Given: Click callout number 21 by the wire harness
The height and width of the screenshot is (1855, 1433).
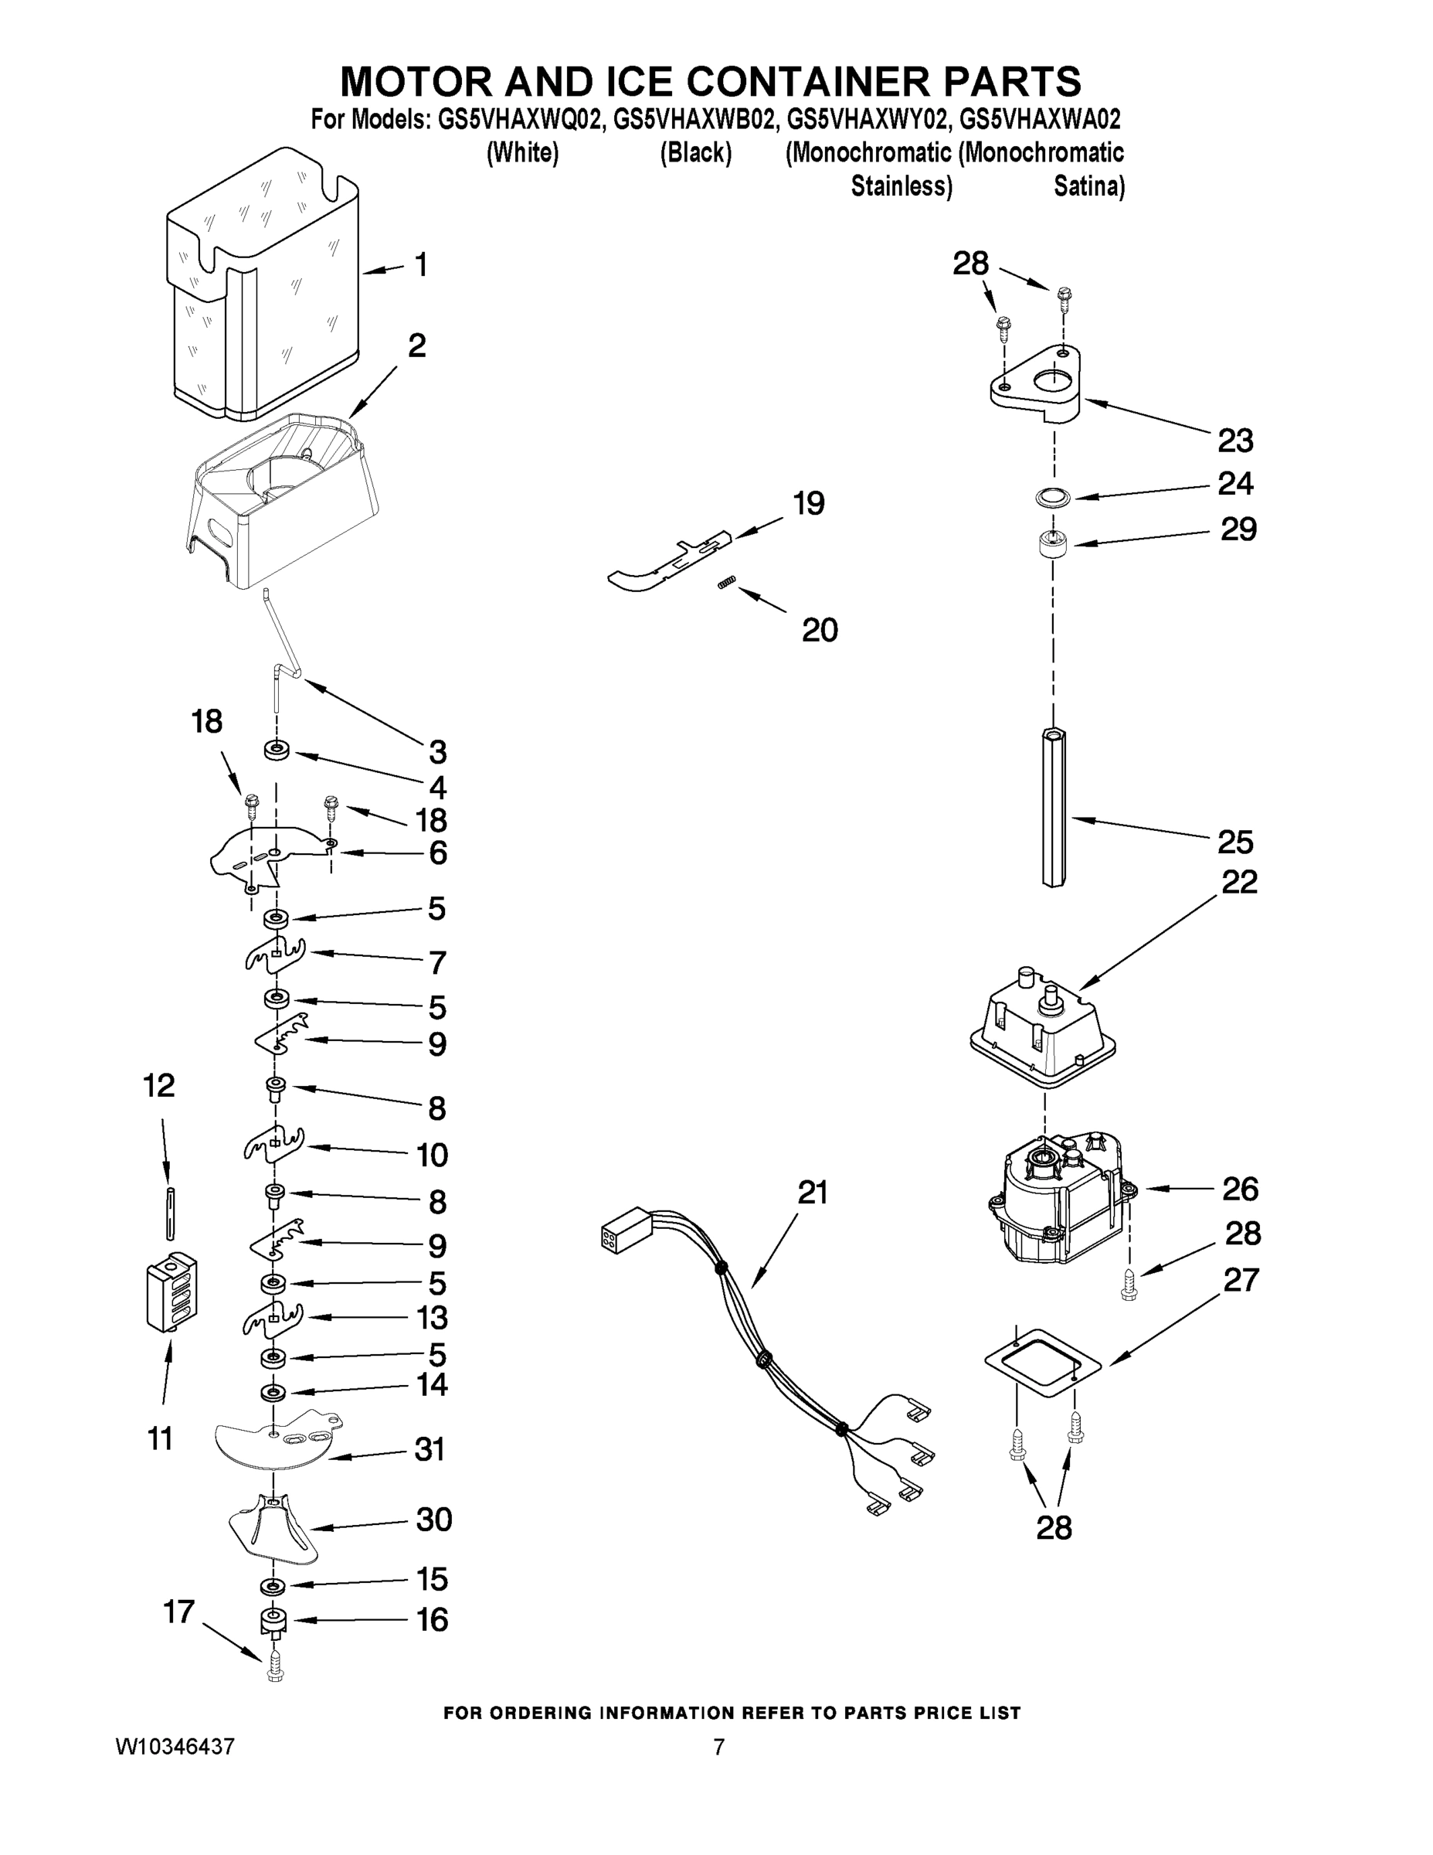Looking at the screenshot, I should pos(813,1193).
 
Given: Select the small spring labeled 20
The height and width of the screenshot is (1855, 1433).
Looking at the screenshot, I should pos(728,582).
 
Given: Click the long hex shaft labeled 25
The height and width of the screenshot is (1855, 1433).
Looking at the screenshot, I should pos(1054,807).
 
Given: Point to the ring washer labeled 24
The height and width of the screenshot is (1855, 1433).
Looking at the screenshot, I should pos(1054,498).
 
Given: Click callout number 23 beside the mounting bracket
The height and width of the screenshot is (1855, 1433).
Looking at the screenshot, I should pos(1235,441).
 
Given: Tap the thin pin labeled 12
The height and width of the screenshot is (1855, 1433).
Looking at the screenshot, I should pos(171,1213).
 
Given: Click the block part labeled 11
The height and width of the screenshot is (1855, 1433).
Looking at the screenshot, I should pos(171,1291).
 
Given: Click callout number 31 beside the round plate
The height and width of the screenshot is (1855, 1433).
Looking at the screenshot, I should pos(430,1449).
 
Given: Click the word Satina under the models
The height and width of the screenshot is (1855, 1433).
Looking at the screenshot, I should pos(1088,186).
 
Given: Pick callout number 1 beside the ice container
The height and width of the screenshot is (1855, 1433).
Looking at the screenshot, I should pos(421,265).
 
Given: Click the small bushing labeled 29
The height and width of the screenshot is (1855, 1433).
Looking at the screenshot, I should pos(1054,543).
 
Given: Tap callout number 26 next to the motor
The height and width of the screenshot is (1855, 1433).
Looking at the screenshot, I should pos(1239,1189).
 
